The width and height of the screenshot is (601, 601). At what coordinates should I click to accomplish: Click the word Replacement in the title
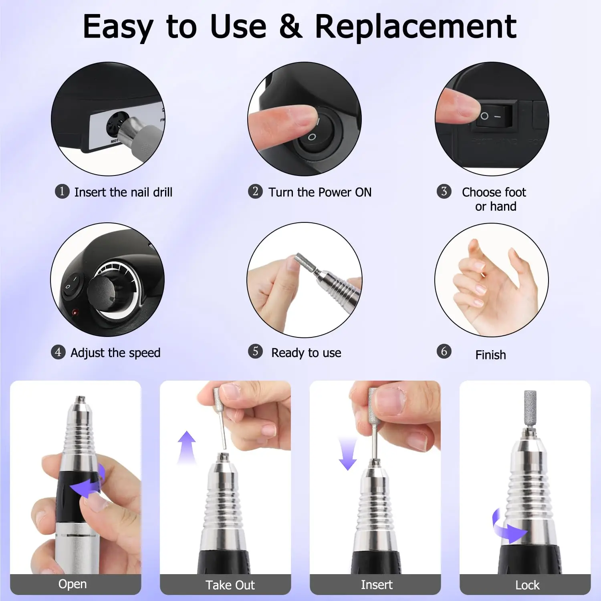point(415,26)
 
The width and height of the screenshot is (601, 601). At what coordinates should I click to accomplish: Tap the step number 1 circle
point(62,191)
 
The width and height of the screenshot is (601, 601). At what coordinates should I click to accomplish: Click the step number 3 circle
point(444,191)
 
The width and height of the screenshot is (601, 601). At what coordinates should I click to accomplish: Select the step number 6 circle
point(444,351)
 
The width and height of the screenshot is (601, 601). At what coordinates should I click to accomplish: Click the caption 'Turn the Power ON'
point(320,192)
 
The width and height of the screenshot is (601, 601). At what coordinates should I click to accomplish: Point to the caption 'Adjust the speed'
point(115,353)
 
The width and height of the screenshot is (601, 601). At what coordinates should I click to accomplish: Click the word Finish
point(490,355)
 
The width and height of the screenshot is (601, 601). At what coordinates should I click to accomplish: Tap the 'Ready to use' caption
point(306,353)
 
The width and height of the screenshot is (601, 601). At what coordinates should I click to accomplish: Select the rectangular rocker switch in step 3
point(493,116)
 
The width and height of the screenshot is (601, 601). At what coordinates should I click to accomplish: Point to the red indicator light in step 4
point(75,312)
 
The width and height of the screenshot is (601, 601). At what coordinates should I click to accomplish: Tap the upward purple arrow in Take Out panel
point(187,447)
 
